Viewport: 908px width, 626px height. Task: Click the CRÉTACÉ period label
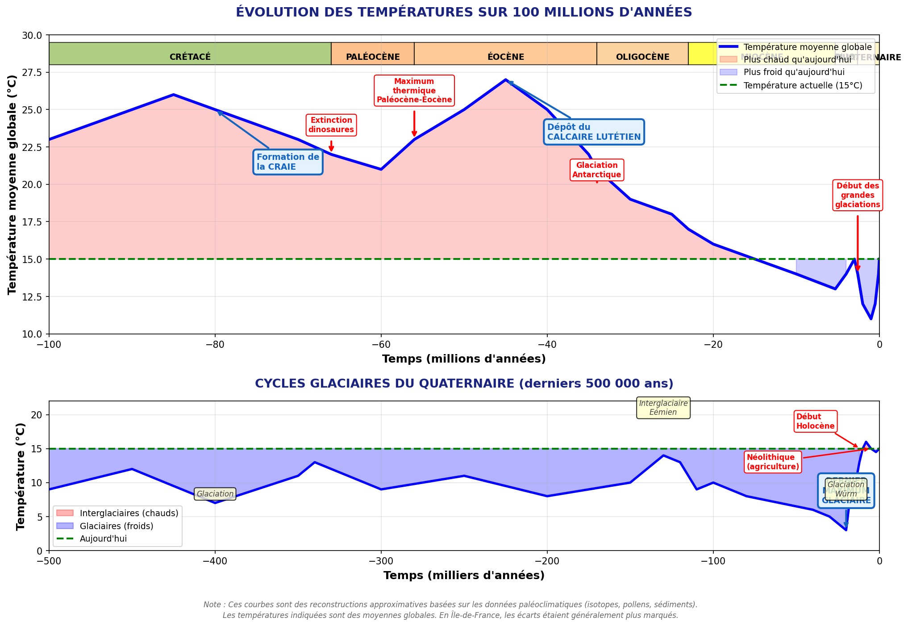click(190, 57)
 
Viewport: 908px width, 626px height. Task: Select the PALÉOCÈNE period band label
click(373, 57)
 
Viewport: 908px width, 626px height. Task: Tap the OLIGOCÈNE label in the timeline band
click(642, 57)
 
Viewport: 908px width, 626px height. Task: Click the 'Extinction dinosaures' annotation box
click(331, 125)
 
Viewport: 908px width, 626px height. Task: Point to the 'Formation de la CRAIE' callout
click(288, 162)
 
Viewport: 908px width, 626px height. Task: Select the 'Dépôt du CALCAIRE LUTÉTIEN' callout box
click(594, 132)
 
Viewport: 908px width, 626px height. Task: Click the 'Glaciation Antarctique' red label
click(597, 170)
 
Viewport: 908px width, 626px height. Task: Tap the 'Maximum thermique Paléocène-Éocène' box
click(414, 91)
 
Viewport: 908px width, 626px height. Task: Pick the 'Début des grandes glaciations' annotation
click(857, 195)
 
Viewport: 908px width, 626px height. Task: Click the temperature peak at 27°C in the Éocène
click(505, 80)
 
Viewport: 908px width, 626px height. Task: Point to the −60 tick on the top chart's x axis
click(381, 345)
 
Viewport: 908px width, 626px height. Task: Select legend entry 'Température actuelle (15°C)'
click(802, 85)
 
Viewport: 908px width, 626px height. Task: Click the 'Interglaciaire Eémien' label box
click(663, 408)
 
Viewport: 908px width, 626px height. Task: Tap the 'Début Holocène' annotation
click(815, 421)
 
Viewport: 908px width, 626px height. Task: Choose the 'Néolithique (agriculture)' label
click(773, 462)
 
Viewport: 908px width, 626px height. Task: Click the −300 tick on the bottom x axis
click(381, 561)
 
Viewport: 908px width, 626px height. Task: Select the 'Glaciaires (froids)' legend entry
click(117, 526)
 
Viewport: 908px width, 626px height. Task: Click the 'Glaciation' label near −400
click(215, 494)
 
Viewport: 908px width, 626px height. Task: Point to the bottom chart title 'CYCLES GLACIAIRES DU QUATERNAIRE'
click(463, 384)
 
